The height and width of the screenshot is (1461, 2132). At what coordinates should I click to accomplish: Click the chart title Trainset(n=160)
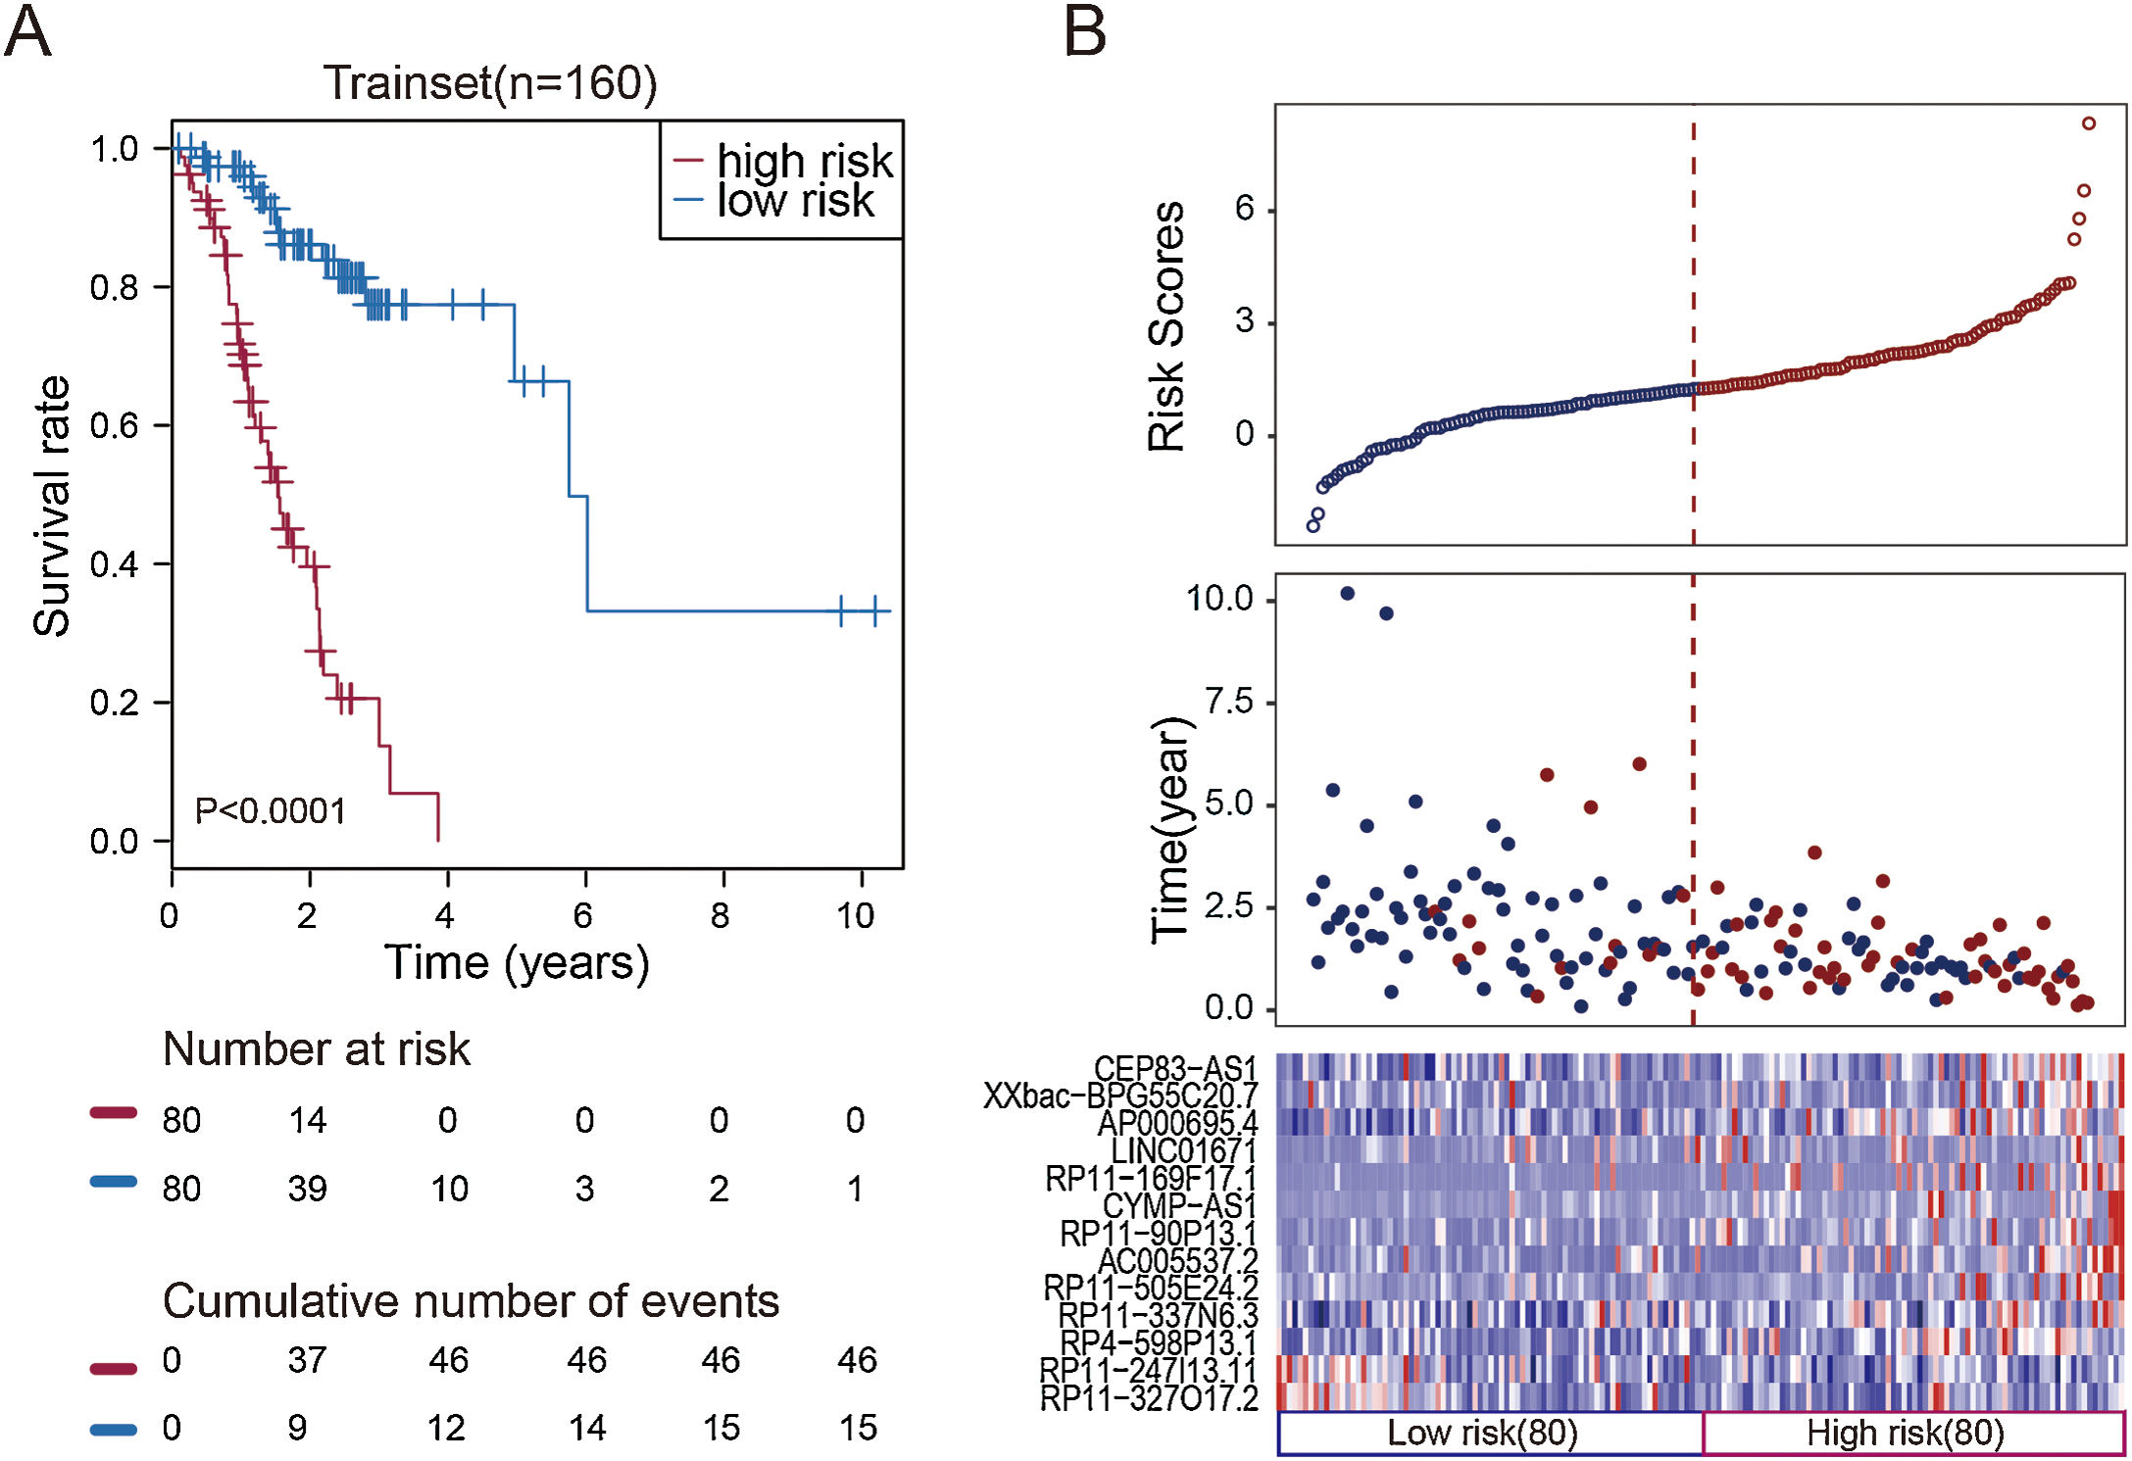click(x=490, y=83)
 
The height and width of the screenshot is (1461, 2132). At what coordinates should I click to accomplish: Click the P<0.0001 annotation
click(x=270, y=811)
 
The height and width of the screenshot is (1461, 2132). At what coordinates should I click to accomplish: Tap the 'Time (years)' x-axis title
click(x=517, y=962)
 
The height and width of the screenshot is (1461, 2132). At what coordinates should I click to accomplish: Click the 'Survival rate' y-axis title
click(x=51, y=506)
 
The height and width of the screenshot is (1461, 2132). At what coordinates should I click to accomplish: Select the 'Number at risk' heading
click(x=316, y=1049)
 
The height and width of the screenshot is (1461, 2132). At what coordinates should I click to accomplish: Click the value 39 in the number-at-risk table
click(x=307, y=1189)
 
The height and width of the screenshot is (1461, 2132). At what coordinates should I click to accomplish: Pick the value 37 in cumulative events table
click(x=307, y=1360)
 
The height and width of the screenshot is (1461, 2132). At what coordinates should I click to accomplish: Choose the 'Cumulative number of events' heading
click(x=471, y=1301)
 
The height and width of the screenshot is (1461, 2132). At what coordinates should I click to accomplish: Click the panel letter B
click(x=1085, y=31)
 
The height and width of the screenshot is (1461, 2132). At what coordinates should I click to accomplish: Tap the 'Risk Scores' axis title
click(x=1166, y=326)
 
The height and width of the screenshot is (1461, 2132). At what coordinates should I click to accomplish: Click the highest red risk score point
click(x=2089, y=123)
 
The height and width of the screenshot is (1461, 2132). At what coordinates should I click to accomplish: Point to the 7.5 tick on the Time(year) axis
click(x=1228, y=702)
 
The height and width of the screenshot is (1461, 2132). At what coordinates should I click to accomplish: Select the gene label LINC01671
click(x=1183, y=1150)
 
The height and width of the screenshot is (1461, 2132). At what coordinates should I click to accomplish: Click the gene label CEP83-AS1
click(x=1175, y=1068)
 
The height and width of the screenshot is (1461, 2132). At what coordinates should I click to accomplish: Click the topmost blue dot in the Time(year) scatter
click(x=1347, y=594)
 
